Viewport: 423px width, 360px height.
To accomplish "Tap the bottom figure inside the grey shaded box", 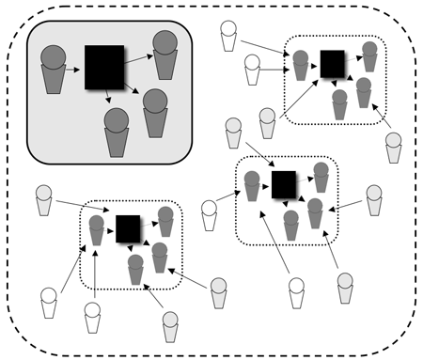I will [117, 132].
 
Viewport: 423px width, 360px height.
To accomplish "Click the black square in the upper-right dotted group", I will [332, 63].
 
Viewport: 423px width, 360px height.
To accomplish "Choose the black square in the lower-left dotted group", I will [128, 227].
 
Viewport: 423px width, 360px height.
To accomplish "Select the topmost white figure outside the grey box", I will [228, 34].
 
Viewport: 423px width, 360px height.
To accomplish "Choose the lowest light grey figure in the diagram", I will [170, 325].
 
